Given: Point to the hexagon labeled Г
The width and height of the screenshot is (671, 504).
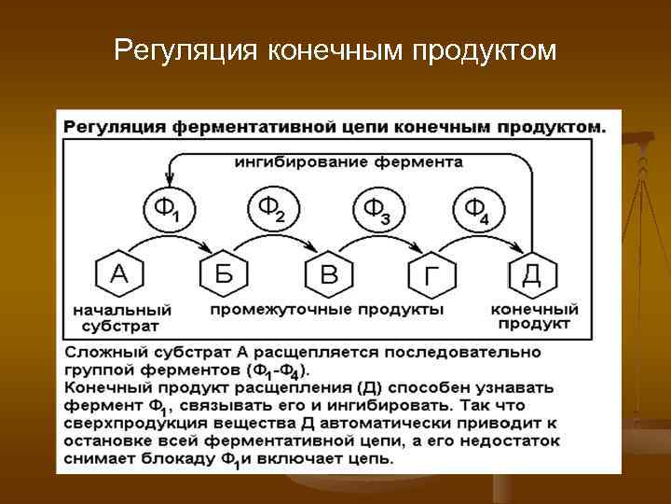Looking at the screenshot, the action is pos(431,273).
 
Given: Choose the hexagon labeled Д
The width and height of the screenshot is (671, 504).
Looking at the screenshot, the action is pos(531,273).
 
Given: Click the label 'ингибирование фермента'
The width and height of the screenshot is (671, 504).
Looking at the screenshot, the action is pos(348,161).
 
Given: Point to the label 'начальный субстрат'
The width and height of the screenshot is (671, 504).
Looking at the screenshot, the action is pos(119,318).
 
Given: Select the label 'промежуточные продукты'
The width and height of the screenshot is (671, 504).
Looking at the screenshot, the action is pos(326,309).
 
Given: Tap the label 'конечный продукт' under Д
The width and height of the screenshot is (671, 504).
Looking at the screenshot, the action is pos(534,316).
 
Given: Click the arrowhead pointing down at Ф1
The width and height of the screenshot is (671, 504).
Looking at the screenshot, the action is pos(169,180).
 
